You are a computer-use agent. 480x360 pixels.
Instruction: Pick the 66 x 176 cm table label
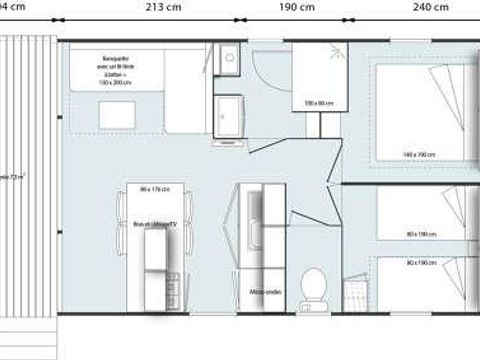(x=155, y=189)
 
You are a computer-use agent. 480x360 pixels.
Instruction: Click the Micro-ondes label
(x=264, y=292)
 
